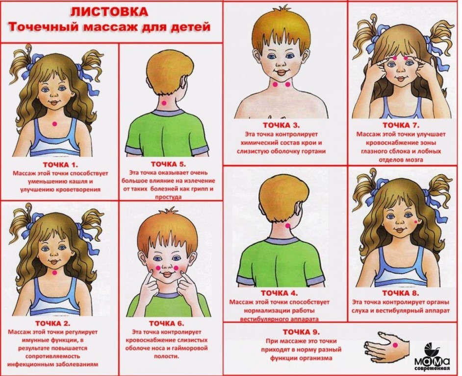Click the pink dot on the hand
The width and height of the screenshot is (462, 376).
tap(395, 346)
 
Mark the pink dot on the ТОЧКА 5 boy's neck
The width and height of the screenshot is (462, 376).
tap(164, 103)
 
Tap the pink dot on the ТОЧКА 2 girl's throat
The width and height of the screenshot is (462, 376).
tap(54, 272)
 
